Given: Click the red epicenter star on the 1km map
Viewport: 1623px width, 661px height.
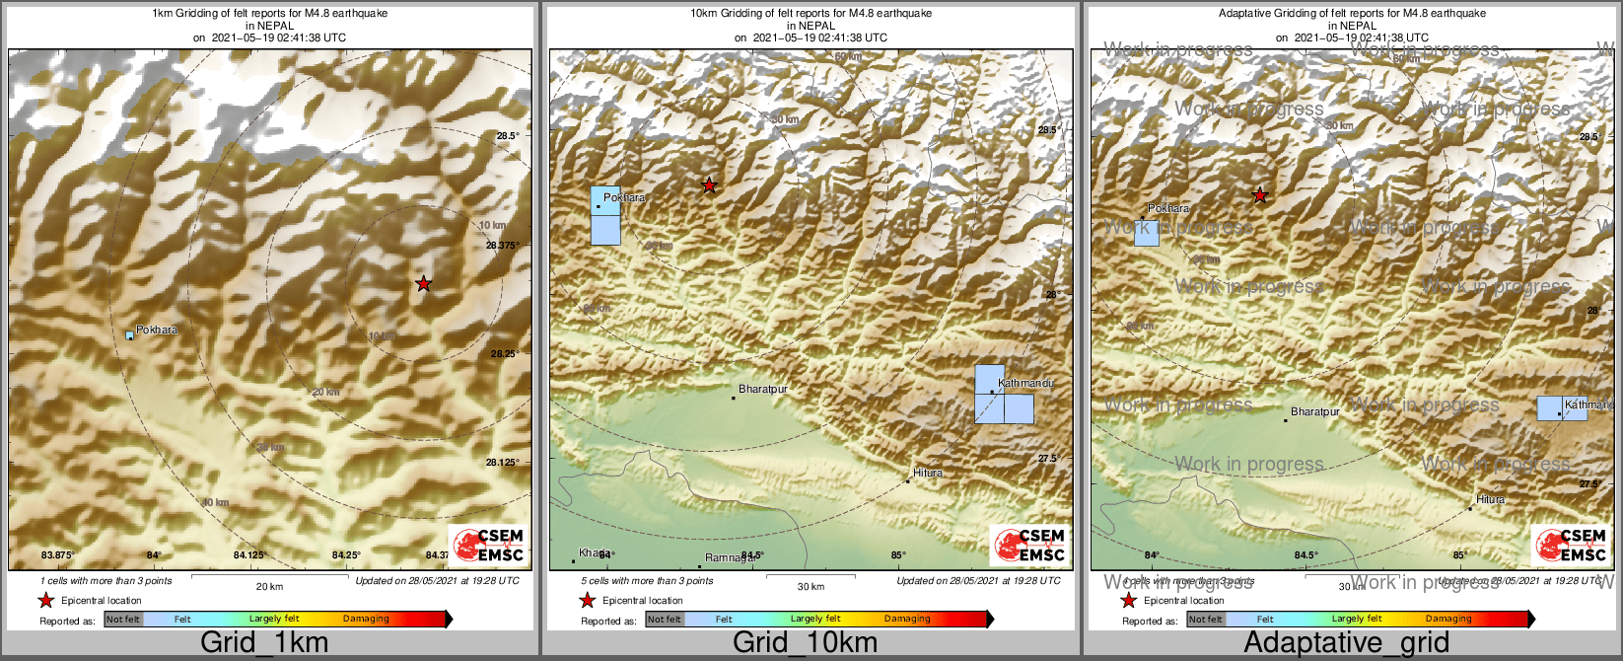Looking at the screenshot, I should tap(423, 284).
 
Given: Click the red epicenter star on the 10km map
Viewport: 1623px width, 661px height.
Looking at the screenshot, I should tap(708, 185).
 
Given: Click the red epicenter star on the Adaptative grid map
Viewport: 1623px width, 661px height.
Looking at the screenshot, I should tap(1259, 196).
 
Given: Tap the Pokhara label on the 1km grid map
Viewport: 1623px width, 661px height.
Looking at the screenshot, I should tap(157, 330).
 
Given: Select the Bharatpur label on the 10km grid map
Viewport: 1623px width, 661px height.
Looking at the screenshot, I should tap(762, 390).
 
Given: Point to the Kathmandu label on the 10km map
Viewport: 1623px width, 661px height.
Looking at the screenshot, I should tap(1025, 383).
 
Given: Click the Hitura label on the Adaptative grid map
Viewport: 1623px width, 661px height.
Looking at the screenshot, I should tap(1490, 499).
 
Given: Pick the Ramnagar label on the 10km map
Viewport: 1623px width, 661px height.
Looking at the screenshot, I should tap(732, 557).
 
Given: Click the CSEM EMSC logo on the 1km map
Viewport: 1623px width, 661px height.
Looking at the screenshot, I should tap(489, 545).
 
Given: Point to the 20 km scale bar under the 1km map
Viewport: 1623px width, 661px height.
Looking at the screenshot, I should tap(269, 575).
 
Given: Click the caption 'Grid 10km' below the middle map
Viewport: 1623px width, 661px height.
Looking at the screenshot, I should tap(805, 643).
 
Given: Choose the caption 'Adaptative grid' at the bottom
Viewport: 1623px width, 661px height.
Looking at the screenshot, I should tap(1346, 643).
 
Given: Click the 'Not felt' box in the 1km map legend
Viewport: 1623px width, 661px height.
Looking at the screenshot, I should tap(123, 619).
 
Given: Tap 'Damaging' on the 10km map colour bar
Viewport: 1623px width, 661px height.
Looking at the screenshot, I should tap(906, 619).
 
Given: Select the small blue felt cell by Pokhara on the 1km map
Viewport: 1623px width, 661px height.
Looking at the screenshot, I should tap(129, 336).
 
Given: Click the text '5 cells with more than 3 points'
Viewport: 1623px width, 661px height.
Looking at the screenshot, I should tap(647, 581).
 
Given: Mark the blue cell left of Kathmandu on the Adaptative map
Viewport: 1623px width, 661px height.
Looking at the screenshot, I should tap(1550, 408).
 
